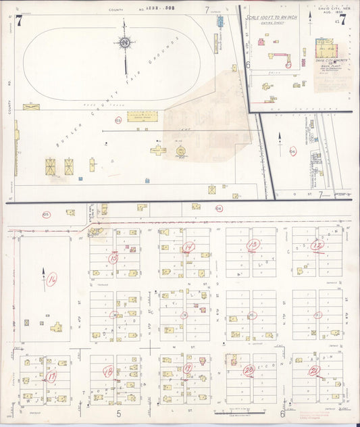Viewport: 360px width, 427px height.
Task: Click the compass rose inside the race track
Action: [125, 44]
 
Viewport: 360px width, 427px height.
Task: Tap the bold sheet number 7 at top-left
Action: [20, 20]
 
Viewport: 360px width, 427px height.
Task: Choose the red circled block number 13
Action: [253, 244]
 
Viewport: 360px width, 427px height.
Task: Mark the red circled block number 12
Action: [316, 245]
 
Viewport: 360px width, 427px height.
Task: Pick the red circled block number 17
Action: [51, 376]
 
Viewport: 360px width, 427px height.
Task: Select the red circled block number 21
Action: [313, 371]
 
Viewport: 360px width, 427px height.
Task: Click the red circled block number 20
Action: [249, 370]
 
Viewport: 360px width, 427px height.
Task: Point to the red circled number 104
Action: [292, 151]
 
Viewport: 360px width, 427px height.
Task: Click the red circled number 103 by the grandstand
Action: [118, 120]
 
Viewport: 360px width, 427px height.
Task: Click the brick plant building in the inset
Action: [326, 49]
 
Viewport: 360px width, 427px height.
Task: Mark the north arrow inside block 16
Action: [44, 276]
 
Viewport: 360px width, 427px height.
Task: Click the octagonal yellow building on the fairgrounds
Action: [181, 151]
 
